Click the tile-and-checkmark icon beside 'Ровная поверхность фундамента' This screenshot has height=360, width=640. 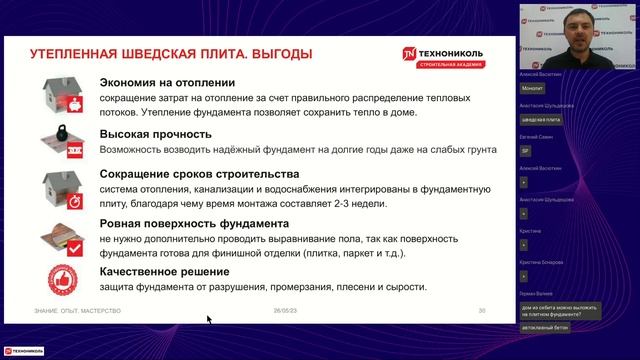point(62,235)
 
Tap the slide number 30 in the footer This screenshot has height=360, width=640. point(481,311)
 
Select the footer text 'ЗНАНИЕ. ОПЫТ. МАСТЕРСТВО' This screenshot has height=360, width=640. point(78,311)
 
